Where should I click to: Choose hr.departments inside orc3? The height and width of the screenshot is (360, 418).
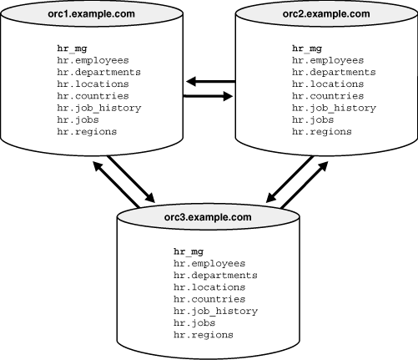(x=215, y=275)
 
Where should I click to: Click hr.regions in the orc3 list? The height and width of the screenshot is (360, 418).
(x=203, y=335)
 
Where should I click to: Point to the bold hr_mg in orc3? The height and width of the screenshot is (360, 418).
(x=188, y=251)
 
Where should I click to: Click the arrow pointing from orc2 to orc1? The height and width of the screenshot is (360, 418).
(x=209, y=81)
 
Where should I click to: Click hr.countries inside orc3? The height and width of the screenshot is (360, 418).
(x=209, y=299)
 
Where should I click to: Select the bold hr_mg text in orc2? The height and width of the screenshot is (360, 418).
(x=307, y=48)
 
